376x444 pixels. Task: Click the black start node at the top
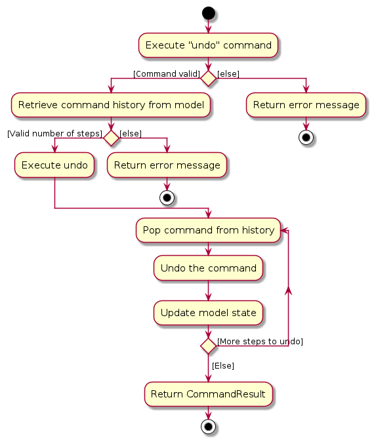[x=208, y=13]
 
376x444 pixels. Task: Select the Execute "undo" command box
[x=208, y=45]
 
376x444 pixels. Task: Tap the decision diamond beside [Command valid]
[x=208, y=79]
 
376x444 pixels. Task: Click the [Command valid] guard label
[x=167, y=74]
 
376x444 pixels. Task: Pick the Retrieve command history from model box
[x=111, y=105]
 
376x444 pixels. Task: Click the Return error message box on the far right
[x=306, y=105]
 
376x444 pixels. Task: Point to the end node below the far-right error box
[x=306, y=138]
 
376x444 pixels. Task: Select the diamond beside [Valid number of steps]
[x=111, y=138]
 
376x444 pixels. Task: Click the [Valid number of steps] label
[x=54, y=133]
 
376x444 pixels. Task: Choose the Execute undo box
[x=54, y=165]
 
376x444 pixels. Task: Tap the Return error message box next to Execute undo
[x=167, y=165]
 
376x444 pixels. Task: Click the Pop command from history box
[x=208, y=230]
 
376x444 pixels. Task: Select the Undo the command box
[x=208, y=268]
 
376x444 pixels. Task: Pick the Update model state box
[x=208, y=313]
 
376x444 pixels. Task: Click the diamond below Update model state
[x=208, y=346]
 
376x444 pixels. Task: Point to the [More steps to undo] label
[x=260, y=342]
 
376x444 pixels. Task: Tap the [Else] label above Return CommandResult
[x=223, y=366]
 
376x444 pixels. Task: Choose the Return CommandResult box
[x=208, y=394]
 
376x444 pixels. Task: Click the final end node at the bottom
[x=208, y=426]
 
